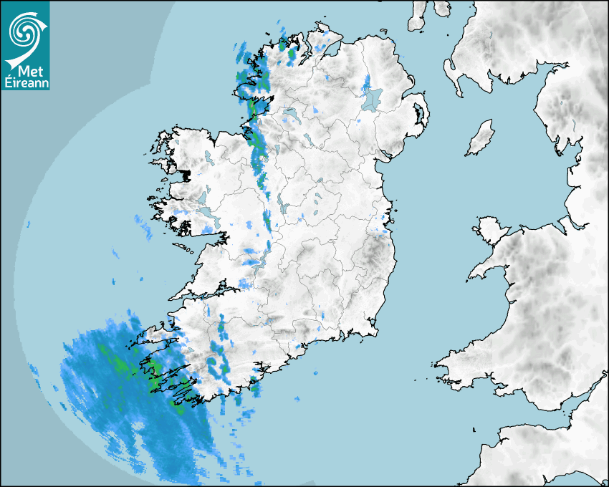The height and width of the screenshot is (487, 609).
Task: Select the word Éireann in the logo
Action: pyautogui.click(x=26, y=83)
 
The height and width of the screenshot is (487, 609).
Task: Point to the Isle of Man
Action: pyautogui.click(x=481, y=138)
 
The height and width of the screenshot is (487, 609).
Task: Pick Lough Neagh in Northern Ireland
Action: pyautogui.click(x=373, y=98)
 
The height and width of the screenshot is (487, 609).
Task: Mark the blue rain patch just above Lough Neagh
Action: pyautogui.click(x=368, y=81)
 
